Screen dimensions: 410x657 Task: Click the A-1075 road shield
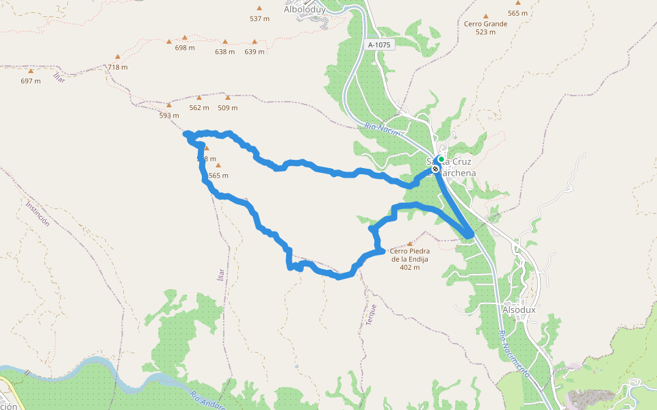(379, 45)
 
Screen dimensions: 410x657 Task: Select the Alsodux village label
(519, 310)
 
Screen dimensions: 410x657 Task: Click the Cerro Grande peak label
(486, 24)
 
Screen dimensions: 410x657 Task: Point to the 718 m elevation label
(118, 67)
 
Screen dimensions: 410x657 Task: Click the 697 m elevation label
(31, 81)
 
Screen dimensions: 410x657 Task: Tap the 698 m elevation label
(185, 48)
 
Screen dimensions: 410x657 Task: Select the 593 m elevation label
(169, 115)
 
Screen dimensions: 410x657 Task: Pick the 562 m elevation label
(199, 107)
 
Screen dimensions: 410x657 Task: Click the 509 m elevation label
(228, 107)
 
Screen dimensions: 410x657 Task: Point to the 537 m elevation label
(259, 18)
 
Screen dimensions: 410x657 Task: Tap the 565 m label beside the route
(218, 176)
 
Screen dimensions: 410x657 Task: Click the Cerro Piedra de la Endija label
(410, 258)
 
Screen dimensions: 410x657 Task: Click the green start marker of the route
(441, 159)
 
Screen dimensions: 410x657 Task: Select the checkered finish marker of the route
(435, 168)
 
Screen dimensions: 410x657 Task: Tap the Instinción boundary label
(38, 213)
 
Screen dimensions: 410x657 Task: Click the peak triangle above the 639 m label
(255, 40)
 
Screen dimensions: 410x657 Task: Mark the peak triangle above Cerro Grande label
(486, 16)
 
